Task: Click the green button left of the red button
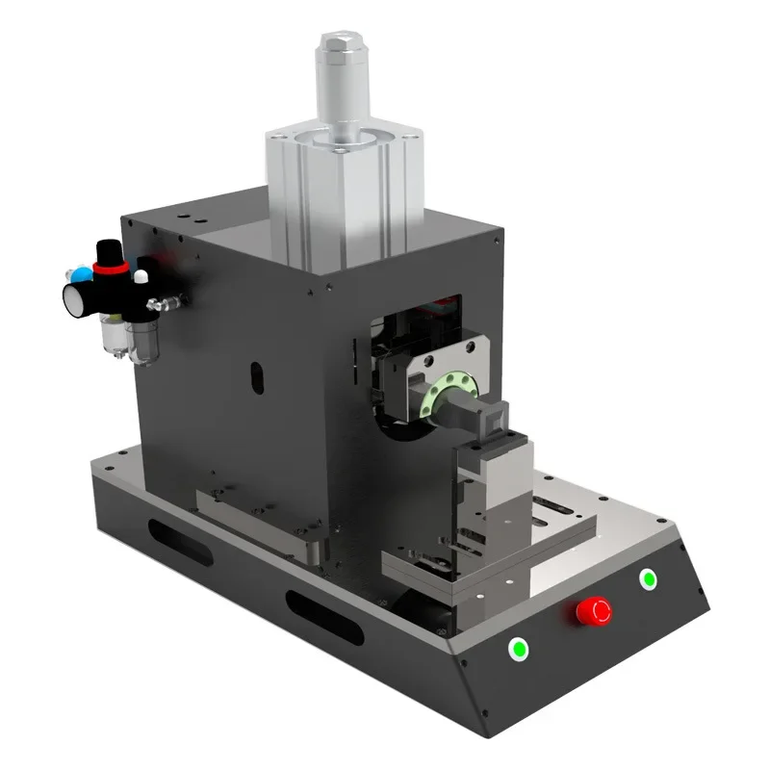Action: (520, 649)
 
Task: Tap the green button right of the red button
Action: (648, 579)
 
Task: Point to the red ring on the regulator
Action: (111, 273)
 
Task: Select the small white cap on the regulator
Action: (141, 276)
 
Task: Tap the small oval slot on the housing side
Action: (258, 377)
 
